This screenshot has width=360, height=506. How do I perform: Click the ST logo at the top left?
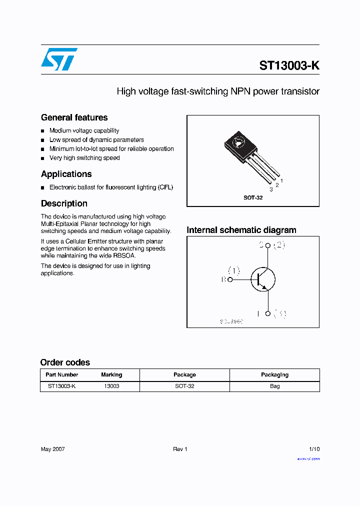59,59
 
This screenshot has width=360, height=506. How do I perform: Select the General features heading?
74,117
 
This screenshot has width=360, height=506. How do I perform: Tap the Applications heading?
66,174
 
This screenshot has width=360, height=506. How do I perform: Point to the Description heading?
64,203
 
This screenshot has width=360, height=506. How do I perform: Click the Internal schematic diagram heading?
241,230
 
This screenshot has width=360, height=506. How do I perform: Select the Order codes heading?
65,362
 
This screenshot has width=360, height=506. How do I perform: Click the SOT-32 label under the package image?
253,197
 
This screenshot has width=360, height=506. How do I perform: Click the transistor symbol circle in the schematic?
263,279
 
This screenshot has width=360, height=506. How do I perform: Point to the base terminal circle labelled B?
230,280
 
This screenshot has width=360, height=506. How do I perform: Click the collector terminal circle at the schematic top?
268,245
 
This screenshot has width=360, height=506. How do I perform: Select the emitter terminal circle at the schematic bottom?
268,313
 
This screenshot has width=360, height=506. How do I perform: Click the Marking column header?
111,374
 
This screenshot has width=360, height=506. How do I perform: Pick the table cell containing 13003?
111,386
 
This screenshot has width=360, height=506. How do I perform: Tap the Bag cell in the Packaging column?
274,386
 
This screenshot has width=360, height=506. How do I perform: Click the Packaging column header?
274,374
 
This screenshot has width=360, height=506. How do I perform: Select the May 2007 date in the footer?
52,449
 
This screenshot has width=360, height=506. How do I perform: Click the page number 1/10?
314,449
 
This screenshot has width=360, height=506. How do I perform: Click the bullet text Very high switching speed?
84,158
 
